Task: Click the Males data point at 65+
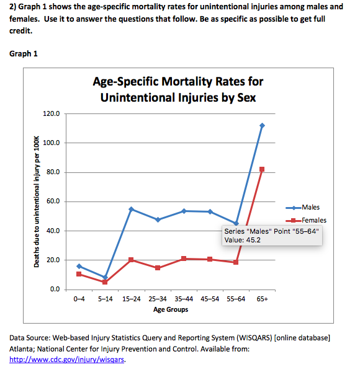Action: click(262, 125)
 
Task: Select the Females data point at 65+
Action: click(262, 169)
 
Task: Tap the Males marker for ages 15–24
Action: click(132, 209)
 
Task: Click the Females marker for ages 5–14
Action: click(105, 282)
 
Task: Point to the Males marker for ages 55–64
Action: click(236, 223)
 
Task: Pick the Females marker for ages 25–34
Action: click(158, 268)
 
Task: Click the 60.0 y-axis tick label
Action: click(53, 201)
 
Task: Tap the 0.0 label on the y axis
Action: click(55, 290)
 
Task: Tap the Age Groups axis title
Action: click(171, 309)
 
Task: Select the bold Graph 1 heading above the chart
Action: click(22, 53)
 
